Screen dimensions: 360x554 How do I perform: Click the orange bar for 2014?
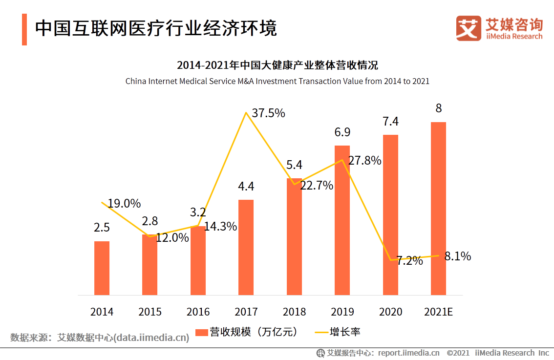102,268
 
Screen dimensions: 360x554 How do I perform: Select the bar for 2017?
246,247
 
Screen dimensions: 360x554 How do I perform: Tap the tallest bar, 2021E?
438,209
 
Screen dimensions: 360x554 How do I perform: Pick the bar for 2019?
342,220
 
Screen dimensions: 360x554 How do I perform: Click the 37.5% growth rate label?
268,113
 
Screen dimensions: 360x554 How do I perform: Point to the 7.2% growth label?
409,261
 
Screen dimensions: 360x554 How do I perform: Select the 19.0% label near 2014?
124,203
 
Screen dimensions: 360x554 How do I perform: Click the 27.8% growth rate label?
364,161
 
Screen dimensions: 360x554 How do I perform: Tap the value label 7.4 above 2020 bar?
390,122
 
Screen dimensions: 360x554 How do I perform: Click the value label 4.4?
246,187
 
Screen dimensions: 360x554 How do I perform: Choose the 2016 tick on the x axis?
198,312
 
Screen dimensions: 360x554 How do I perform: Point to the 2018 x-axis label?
294,312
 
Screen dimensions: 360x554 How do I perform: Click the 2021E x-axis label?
438,312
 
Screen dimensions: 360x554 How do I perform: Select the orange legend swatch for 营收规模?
201,333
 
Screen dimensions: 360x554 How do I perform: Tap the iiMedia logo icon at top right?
469,29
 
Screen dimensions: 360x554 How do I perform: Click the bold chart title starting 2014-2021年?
277,65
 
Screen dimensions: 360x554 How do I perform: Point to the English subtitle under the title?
277,81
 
